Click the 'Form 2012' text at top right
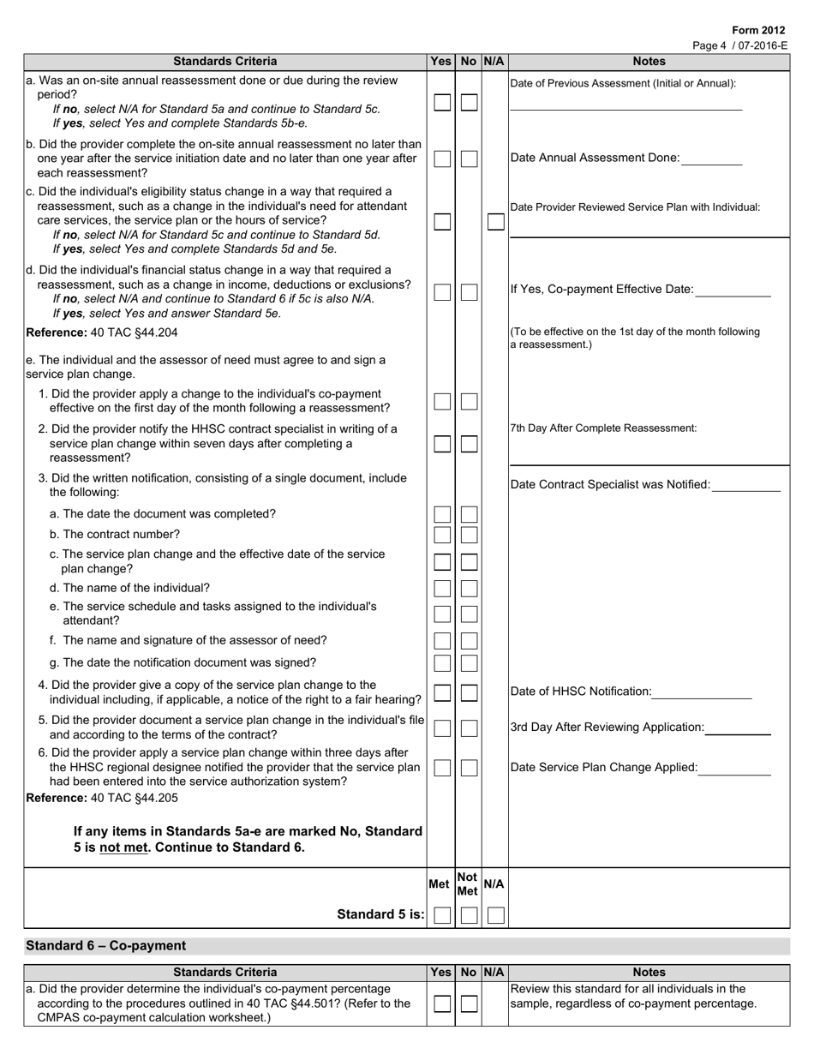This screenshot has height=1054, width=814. tap(758, 30)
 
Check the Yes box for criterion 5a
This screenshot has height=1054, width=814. tap(441, 102)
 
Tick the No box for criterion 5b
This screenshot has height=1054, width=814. tap(469, 159)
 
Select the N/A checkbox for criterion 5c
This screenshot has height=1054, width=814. tap(495, 221)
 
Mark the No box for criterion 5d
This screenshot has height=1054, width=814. tap(469, 292)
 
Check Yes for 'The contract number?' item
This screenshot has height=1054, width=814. tap(441, 535)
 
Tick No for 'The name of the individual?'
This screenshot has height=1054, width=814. tap(469, 589)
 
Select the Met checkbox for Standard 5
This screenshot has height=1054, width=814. tap(441, 914)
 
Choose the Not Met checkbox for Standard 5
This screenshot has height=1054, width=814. tap(469, 914)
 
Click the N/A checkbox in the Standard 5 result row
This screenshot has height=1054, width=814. tap(495, 914)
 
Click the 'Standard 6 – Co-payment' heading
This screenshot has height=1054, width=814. tap(105, 946)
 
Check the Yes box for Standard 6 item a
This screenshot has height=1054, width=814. tap(441, 1003)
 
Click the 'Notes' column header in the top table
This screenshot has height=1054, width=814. tap(649, 61)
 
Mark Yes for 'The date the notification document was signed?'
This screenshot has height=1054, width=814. tap(441, 663)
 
